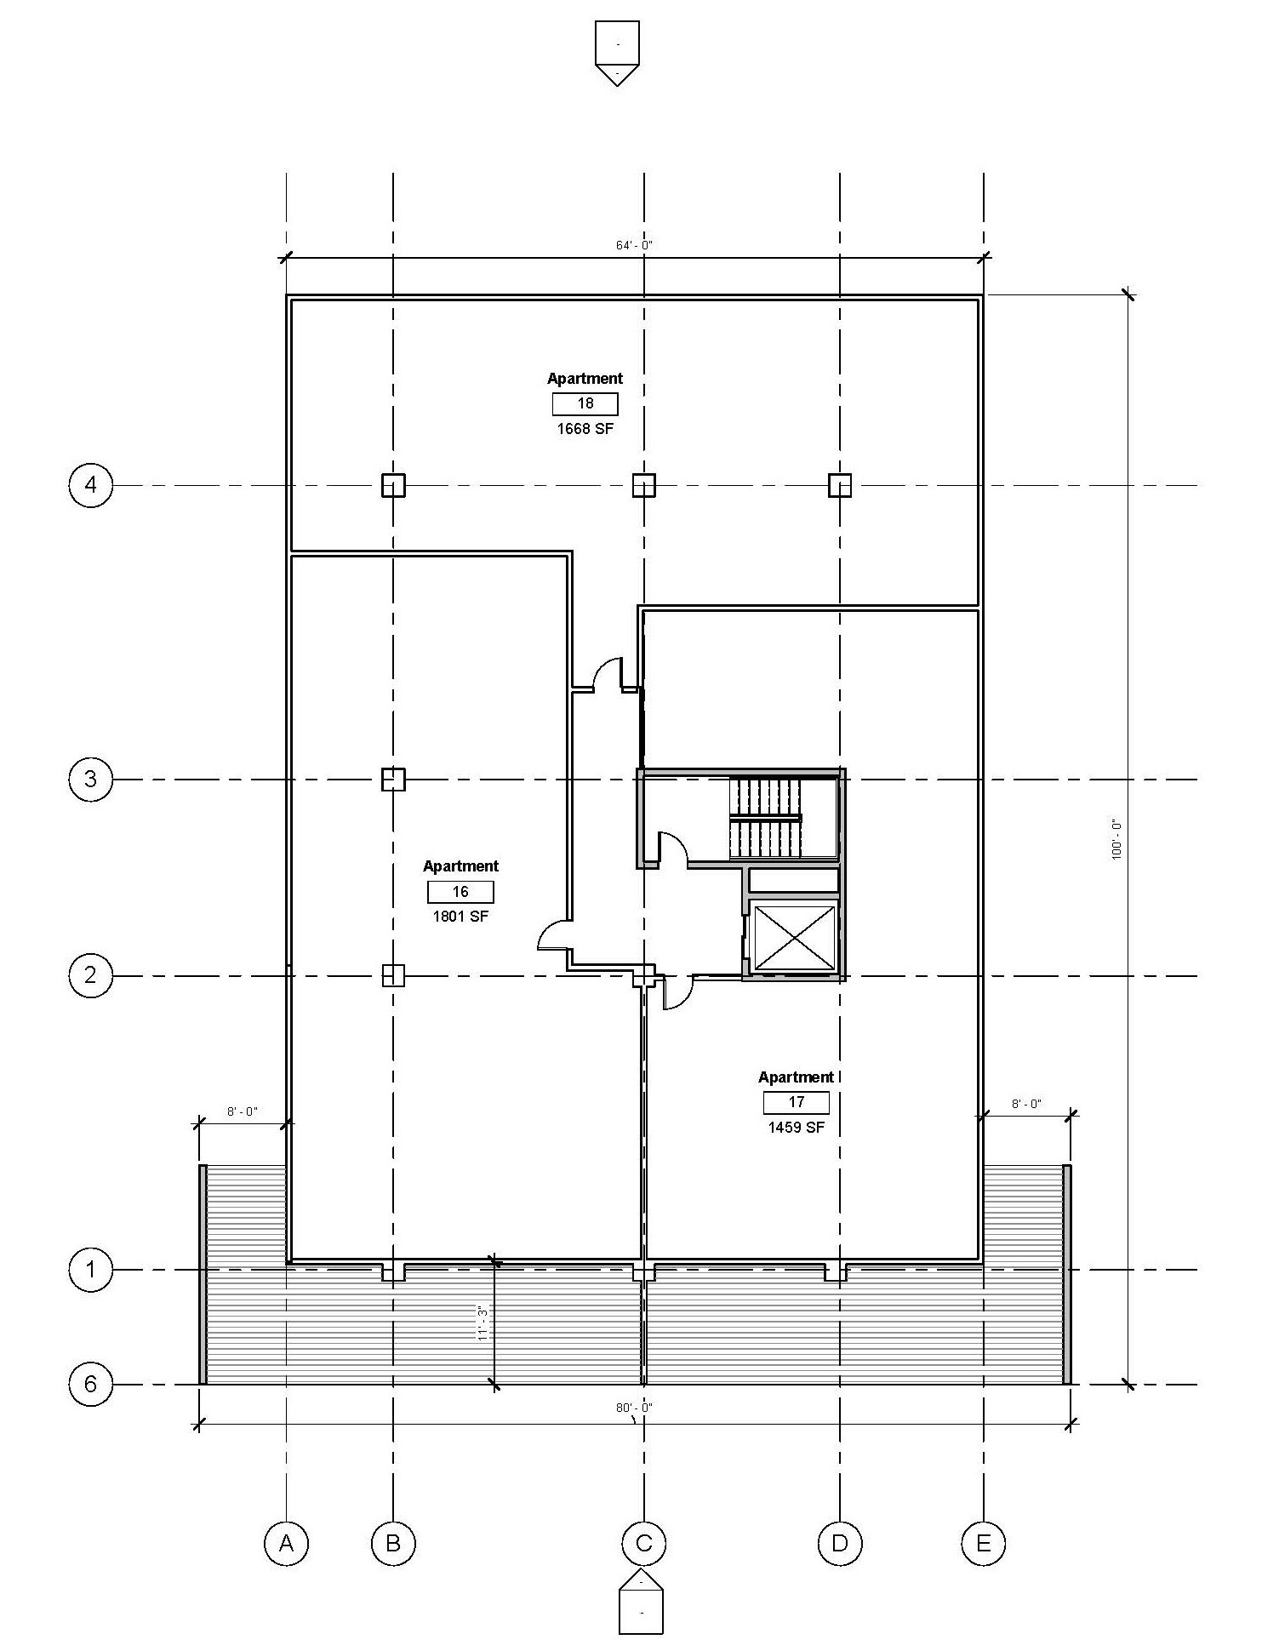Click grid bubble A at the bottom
[286, 1542]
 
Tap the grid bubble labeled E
[983, 1542]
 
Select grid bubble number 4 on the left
[90, 485]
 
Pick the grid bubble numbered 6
[90, 1385]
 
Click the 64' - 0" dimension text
[634, 245]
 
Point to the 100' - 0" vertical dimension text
[1116, 839]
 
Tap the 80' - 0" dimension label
[634, 1408]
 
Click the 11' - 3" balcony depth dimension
[483, 1324]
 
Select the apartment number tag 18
[585, 403]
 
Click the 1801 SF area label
[460, 917]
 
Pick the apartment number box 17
[796, 1102]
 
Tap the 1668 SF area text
[585, 428]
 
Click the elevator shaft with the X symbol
[795, 938]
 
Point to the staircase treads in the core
[765, 818]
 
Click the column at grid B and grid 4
[392, 485]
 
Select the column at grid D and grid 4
[840, 485]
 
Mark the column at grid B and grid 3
[392, 780]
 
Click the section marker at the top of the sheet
[617, 53]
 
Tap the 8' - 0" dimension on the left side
[242, 1111]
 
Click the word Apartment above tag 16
[460, 866]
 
